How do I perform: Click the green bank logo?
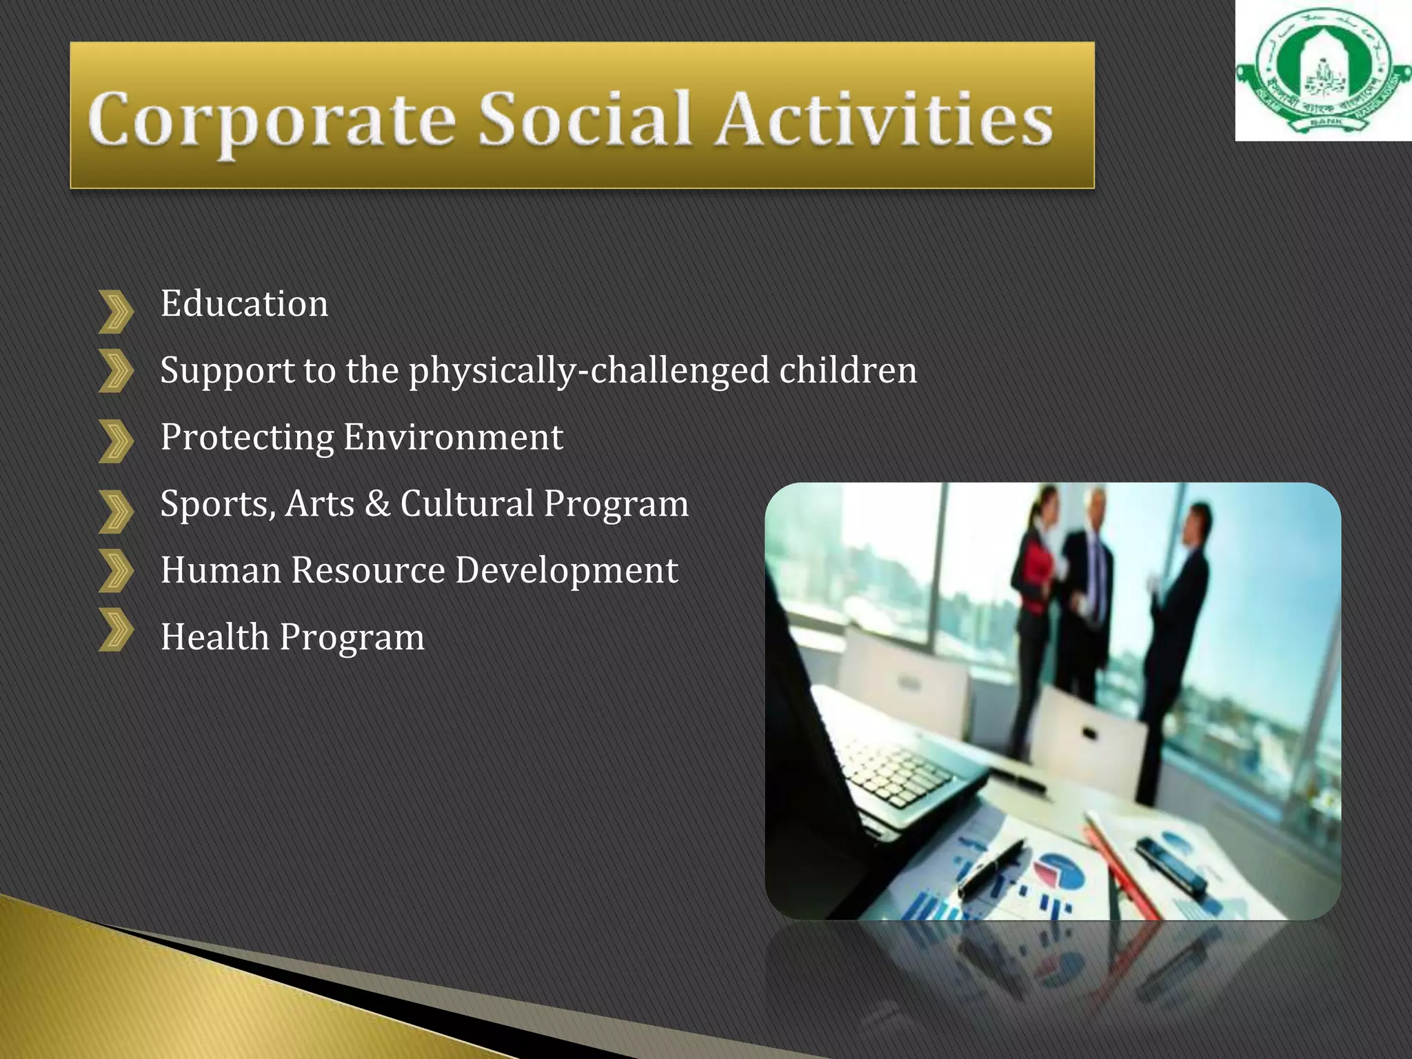point(1322,72)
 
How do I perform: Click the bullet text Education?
point(244,303)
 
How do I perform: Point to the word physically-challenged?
point(588,371)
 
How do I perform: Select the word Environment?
point(453,437)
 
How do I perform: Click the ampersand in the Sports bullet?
point(377,503)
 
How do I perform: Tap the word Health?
point(214,636)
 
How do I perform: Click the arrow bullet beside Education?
point(115,312)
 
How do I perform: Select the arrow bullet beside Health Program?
point(115,629)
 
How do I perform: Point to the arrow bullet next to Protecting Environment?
point(115,441)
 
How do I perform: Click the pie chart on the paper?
point(1060,871)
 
